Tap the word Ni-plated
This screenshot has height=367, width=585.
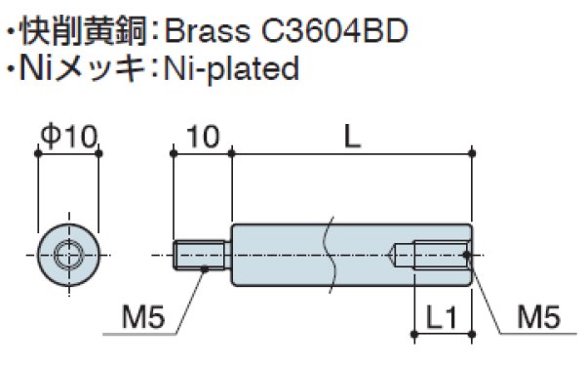232,69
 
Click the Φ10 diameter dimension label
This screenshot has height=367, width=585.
69,136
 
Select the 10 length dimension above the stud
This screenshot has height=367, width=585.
203,137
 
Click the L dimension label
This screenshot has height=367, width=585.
352,137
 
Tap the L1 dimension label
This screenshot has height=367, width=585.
442,317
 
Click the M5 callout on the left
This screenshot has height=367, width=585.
143,317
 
